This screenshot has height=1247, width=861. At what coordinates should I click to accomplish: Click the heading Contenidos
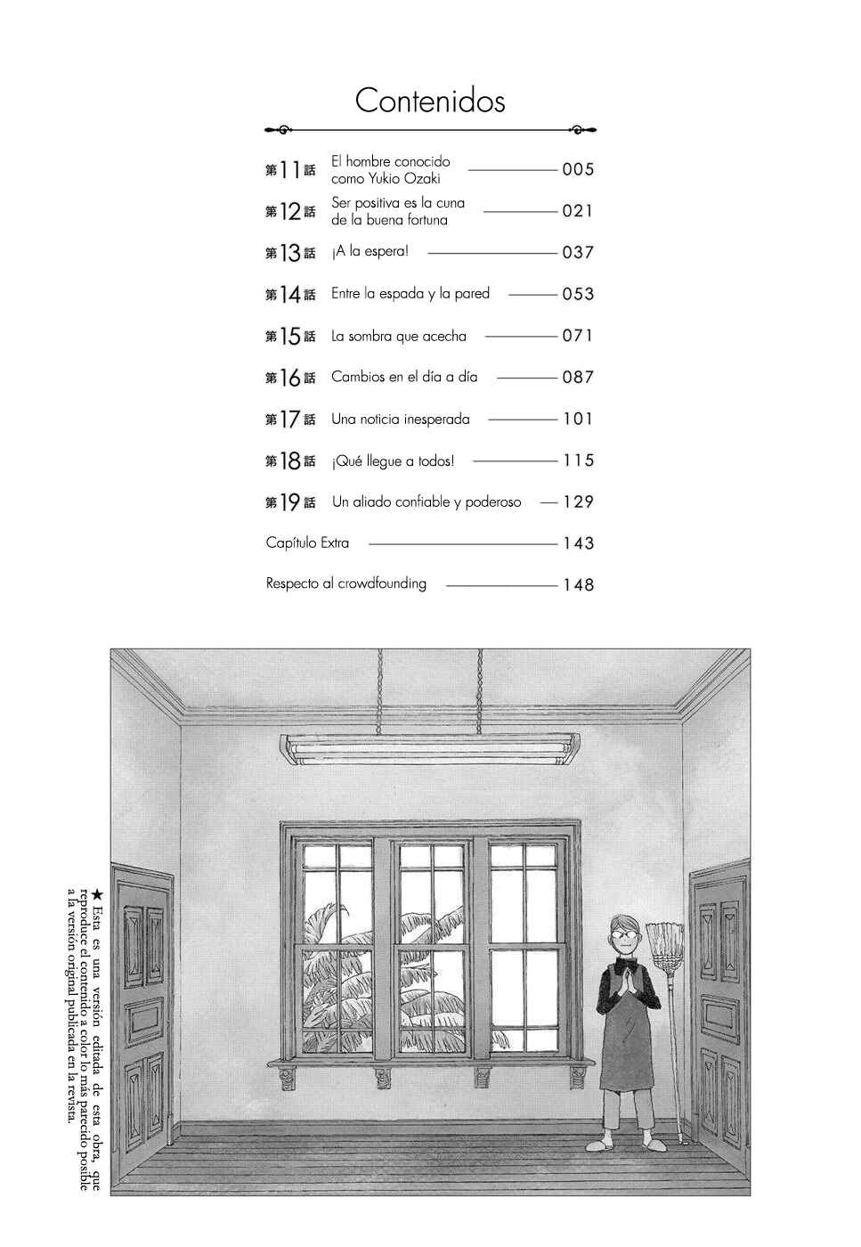[x=430, y=101]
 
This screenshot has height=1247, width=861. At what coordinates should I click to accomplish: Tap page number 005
[x=578, y=169]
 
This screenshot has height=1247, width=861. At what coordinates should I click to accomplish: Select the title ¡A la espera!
[x=370, y=251]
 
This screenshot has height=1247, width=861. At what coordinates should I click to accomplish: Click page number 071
[x=578, y=336]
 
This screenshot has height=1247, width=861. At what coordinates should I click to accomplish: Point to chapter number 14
[x=290, y=295]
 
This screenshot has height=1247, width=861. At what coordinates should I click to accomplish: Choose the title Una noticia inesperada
[x=400, y=419]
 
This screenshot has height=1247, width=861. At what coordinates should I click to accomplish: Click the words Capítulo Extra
[x=307, y=542]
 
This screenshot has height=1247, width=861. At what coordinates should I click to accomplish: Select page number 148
[x=578, y=584]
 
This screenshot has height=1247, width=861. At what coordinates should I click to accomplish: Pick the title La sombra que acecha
[x=399, y=337]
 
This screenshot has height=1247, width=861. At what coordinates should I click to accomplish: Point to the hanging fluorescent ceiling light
[x=429, y=749]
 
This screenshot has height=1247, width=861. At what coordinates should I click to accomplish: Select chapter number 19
[x=290, y=502]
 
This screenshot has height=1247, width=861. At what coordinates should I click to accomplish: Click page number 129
[x=578, y=501]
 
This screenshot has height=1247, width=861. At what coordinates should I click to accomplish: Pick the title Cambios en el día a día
[x=404, y=377]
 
